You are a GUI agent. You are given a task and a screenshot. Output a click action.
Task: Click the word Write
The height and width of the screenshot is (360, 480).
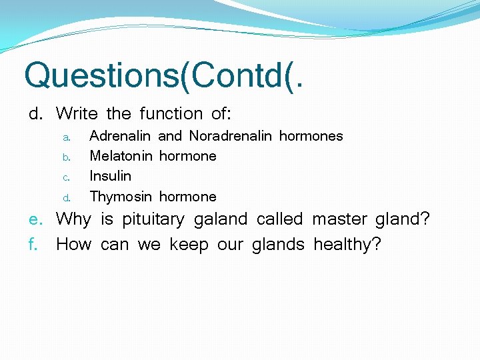tap(77, 114)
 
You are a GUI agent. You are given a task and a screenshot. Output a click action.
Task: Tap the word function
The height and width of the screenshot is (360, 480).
tap(170, 114)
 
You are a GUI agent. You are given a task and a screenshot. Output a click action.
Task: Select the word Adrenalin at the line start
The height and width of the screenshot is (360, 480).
tap(121, 136)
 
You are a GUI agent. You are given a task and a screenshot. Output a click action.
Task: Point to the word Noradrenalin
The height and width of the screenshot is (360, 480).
tap(231, 136)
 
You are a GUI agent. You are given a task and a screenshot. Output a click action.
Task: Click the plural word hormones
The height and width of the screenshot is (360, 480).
tap(311, 136)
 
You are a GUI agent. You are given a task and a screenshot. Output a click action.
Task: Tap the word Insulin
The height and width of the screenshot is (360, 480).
tap(111, 176)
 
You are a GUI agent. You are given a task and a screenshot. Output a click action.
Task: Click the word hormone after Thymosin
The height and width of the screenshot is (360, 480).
tap(187, 197)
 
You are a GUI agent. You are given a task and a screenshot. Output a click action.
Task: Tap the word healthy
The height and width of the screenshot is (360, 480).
tap(347, 245)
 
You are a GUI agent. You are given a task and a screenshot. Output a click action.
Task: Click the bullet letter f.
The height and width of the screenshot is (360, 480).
tap(33, 245)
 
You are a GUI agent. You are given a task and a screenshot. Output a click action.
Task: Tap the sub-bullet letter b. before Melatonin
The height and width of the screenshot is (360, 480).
tap(67, 157)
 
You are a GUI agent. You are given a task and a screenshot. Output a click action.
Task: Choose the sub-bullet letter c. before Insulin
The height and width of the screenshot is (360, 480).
tap(67, 177)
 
